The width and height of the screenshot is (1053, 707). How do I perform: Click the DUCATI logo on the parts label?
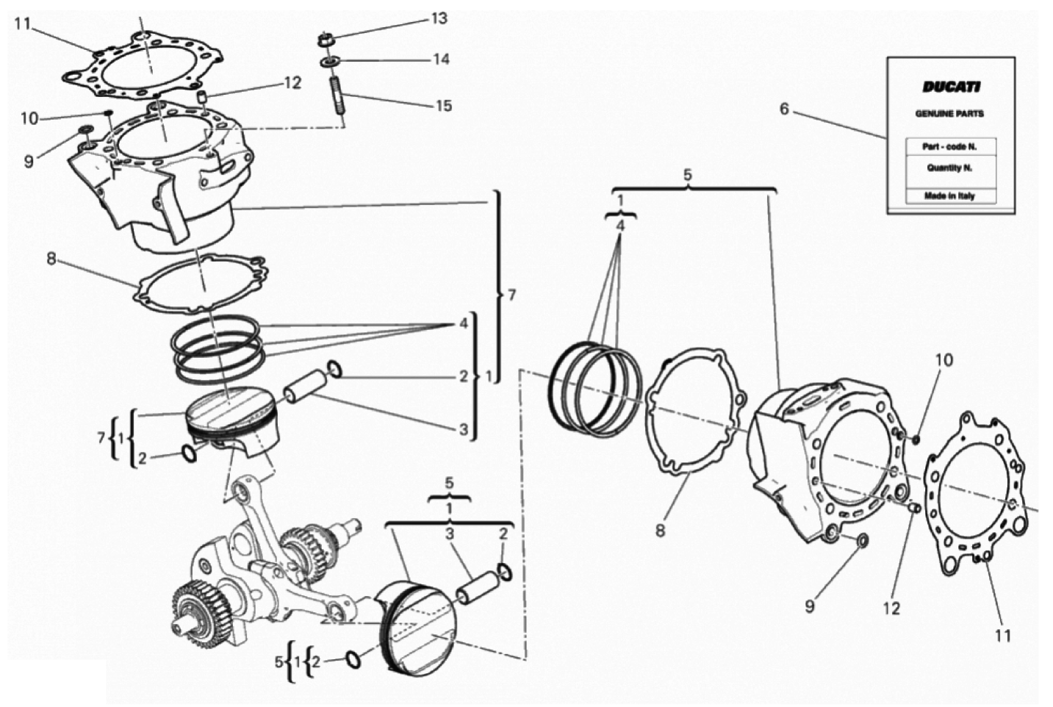(951, 87)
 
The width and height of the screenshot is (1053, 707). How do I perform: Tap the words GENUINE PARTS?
(949, 114)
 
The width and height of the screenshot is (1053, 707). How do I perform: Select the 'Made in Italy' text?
(949, 196)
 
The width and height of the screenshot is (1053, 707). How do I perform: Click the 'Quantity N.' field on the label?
(949, 168)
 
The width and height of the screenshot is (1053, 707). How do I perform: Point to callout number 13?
(439, 19)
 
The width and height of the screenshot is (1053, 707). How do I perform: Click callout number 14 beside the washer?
(441, 60)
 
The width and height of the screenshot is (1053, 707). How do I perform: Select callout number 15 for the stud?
(443, 106)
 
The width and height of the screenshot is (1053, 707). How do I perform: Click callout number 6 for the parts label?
(784, 109)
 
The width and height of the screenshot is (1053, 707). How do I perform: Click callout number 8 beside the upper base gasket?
(51, 259)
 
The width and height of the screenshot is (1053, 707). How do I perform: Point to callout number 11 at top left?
(21, 24)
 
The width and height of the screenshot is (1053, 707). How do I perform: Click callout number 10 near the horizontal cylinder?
(944, 359)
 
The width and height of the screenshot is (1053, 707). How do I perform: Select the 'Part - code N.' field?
(949, 147)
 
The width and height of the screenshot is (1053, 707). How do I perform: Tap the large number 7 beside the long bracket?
(512, 295)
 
